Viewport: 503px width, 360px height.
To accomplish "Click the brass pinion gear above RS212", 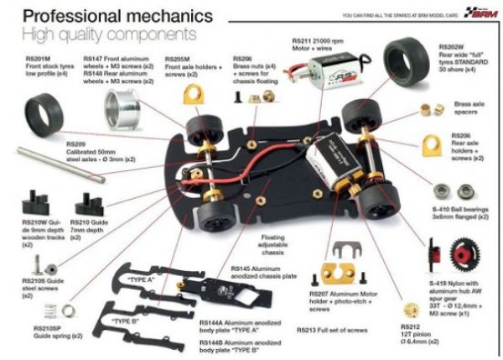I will click(x=412, y=310).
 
